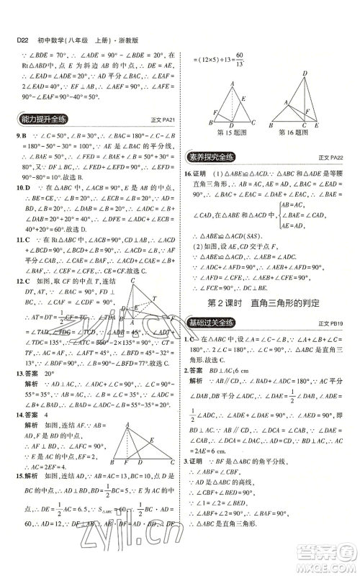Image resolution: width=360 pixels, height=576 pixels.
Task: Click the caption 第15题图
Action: click(x=227, y=132)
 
